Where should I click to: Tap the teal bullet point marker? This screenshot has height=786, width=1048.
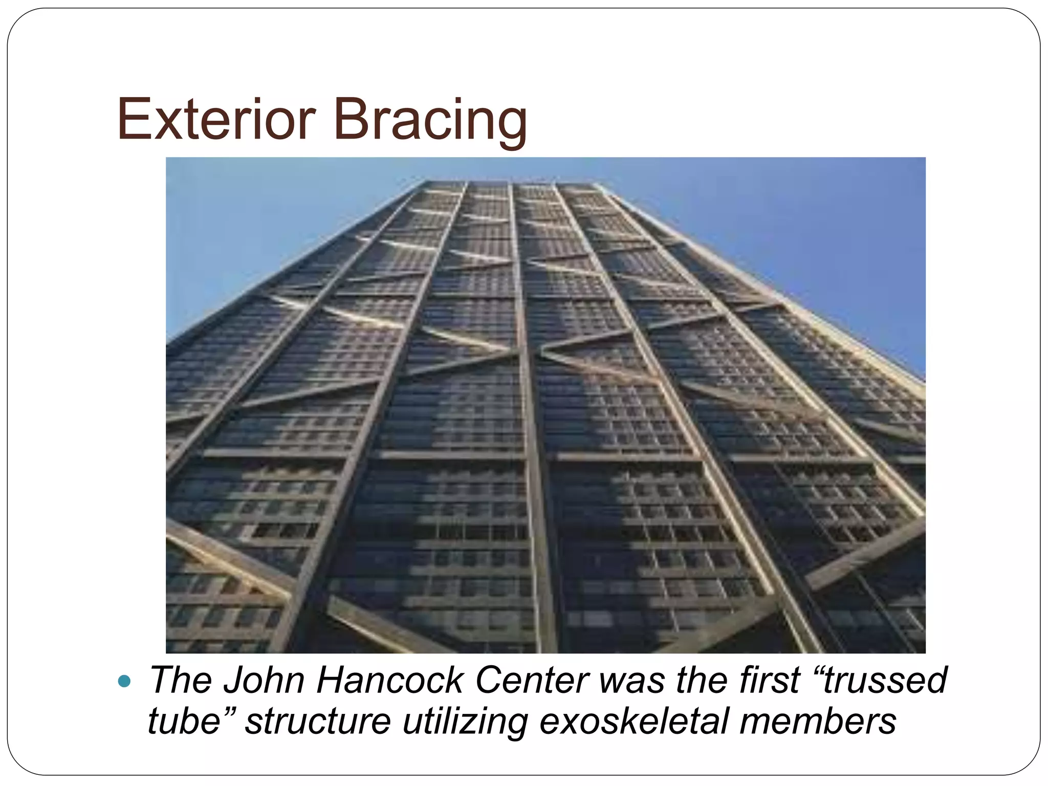[124, 681]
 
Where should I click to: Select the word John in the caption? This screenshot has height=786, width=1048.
[266, 681]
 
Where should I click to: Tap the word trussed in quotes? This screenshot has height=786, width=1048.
[885, 681]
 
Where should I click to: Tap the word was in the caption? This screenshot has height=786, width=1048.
[632, 681]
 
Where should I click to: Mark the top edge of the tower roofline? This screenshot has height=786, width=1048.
[512, 182]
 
